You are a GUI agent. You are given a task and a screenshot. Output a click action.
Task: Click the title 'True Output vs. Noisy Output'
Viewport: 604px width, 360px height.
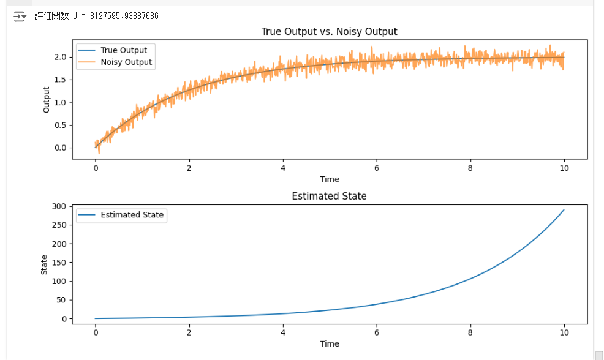pos(329,31)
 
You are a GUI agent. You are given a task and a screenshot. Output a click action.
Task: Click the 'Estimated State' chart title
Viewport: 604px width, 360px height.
pos(329,196)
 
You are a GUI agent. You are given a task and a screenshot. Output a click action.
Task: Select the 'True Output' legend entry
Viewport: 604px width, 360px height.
pos(124,50)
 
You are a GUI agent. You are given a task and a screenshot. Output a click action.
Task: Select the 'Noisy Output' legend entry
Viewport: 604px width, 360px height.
pos(126,62)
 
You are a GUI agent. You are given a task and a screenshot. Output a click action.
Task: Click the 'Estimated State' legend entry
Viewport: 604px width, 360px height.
pos(132,215)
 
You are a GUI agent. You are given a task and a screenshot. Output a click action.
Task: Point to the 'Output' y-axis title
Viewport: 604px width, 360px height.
pos(47,100)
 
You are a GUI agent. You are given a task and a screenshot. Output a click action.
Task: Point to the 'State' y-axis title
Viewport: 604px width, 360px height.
pos(44,264)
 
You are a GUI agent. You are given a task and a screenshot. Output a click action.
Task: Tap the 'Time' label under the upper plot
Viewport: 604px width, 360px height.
pos(329,179)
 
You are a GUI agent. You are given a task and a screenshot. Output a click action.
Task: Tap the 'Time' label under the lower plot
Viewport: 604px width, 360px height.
pos(329,343)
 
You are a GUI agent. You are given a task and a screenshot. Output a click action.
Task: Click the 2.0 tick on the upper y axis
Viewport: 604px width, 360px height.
pos(59,57)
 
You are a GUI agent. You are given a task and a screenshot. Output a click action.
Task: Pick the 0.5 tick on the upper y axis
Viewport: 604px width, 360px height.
pos(59,125)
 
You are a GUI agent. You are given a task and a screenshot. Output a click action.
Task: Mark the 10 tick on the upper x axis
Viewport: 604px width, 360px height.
pos(564,167)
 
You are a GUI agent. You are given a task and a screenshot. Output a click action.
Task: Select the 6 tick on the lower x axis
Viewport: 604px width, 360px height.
pos(376,332)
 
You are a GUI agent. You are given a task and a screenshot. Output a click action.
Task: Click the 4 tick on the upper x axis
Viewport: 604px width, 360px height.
pos(282,167)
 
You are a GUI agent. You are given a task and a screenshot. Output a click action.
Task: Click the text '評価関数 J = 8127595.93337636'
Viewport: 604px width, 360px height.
pos(96,16)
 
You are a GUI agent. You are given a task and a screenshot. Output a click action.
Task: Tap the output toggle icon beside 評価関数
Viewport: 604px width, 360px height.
pos(20,16)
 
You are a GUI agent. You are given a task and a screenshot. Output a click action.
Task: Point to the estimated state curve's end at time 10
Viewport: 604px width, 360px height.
pos(564,210)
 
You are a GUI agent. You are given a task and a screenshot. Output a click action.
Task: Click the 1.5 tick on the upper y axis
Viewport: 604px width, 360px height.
pos(59,80)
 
